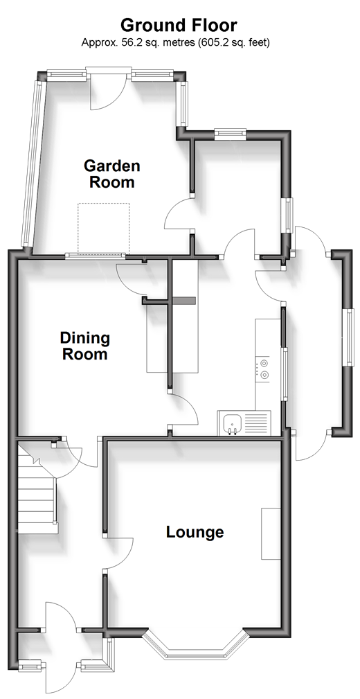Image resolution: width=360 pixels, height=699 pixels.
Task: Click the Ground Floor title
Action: [x=179, y=25]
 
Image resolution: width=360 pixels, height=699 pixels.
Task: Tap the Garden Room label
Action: [x=112, y=174]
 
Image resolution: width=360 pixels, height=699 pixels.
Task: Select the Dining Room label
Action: [x=84, y=346]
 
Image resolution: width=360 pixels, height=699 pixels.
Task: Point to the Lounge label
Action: [x=195, y=532]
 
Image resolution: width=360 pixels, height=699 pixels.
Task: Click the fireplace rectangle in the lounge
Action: [x=271, y=533]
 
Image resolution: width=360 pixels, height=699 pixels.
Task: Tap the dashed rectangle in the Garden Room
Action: [x=103, y=228]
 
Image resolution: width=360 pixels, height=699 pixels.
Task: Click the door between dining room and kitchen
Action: [x=183, y=409]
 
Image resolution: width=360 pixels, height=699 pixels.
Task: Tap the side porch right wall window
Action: [x=348, y=337]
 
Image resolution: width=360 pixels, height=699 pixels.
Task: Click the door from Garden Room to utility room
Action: [x=178, y=213]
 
